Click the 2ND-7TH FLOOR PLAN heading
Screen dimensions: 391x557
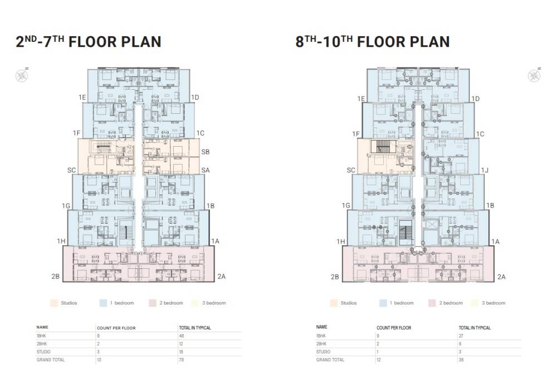[x=89, y=42]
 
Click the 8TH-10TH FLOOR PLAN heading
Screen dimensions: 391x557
[x=373, y=42]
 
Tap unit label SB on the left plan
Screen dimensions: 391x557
[x=206, y=152]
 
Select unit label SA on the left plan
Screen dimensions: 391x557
[x=206, y=170]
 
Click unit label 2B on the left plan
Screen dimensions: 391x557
[x=55, y=276]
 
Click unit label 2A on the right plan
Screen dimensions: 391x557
[x=501, y=277]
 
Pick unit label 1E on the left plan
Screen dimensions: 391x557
[x=82, y=98]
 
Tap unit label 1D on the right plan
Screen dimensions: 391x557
[x=475, y=99]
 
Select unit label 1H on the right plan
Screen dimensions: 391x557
[x=340, y=242]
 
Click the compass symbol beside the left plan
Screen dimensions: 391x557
[x=21, y=74]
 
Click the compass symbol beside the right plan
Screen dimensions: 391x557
[x=534, y=74]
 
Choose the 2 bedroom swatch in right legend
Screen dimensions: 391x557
[x=431, y=303]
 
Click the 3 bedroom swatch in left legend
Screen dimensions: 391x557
[x=196, y=303]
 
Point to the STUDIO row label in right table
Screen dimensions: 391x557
[x=323, y=352]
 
